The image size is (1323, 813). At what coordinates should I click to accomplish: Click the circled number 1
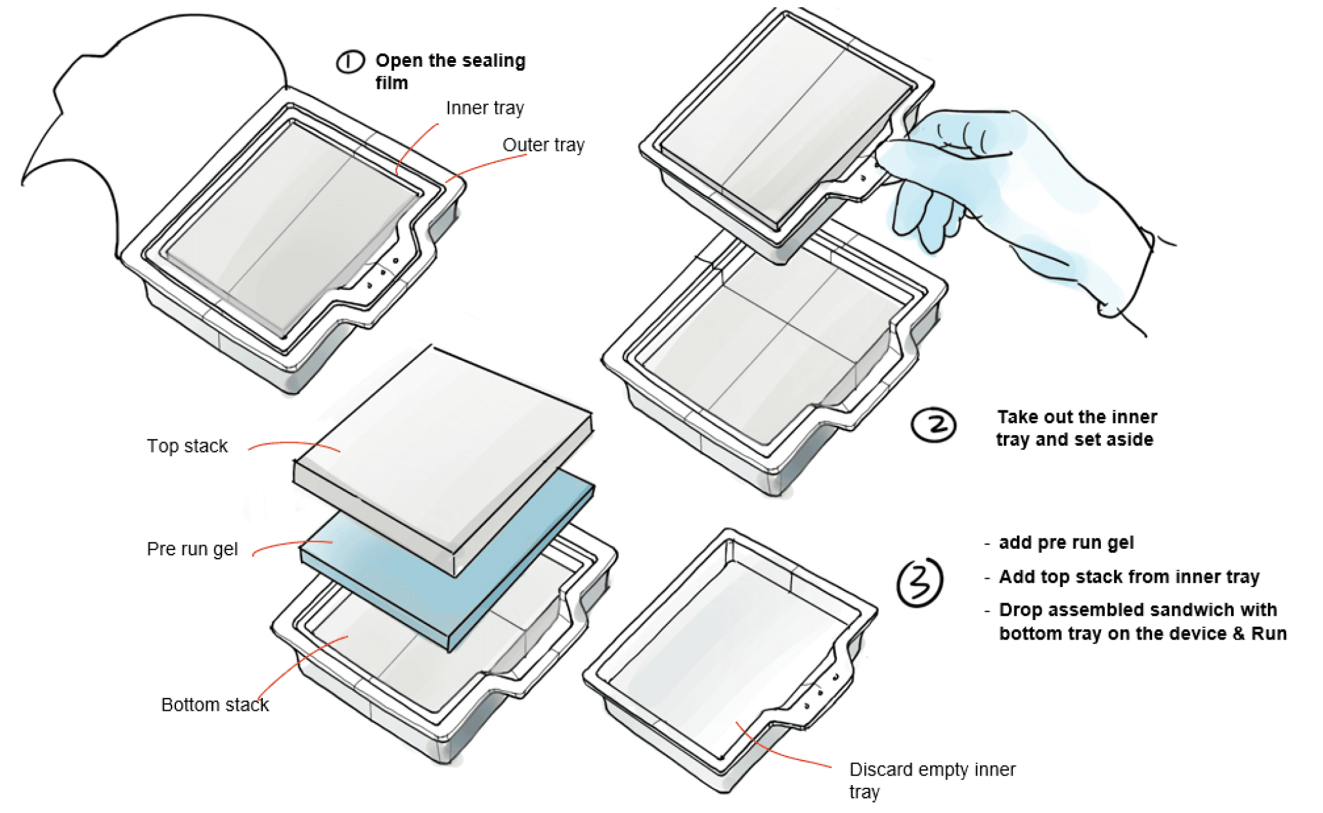[350, 62]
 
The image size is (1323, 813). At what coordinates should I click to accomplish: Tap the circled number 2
[933, 425]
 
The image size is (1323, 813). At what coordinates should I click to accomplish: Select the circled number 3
[919, 582]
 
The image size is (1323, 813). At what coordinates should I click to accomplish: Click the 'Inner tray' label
[485, 108]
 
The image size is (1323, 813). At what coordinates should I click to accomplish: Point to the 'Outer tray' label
[543, 145]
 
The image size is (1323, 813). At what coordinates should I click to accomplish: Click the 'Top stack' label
[187, 446]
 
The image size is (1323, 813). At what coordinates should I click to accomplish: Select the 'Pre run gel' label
[192, 549]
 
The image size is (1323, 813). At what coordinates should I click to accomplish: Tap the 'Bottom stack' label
[214, 704]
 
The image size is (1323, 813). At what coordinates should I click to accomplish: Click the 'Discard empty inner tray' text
[932, 780]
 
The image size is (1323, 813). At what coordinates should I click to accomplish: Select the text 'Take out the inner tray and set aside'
[1076, 428]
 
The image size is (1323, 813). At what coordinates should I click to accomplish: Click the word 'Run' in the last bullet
[1269, 633]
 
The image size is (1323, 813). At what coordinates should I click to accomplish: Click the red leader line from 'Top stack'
[294, 445]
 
